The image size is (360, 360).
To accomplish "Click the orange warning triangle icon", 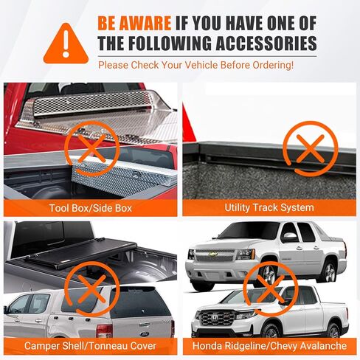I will coord(66,43).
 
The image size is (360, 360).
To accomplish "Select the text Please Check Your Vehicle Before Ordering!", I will coord(195,64).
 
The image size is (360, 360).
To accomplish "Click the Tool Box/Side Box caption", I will coord(91,208).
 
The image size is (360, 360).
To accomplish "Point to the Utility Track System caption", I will coord(269,208).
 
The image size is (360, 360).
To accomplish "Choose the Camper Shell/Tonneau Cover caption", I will coord(91,346).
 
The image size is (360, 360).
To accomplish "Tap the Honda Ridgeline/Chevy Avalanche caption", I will coord(269,346).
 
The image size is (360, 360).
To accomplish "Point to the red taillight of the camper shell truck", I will coord(105,328).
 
